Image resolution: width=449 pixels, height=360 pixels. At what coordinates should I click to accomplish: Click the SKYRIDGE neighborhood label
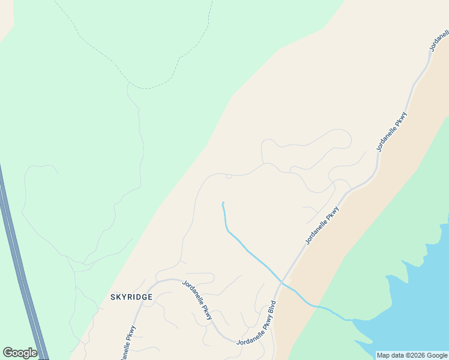tap(131, 297)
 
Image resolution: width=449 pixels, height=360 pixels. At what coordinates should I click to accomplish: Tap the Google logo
tap(20, 353)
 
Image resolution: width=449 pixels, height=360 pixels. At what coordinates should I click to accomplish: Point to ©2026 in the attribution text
tap(412, 355)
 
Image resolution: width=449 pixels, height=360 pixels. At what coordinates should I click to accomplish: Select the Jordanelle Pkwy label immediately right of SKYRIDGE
tap(197, 300)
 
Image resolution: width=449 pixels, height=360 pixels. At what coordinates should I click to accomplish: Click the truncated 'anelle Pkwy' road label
tap(129, 343)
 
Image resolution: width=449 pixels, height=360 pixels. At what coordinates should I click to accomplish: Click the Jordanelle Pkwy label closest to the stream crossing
tap(322, 226)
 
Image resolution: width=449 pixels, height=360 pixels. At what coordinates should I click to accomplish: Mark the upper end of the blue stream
tap(223, 203)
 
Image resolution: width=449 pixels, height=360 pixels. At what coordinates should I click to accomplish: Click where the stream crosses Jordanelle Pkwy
tap(281, 282)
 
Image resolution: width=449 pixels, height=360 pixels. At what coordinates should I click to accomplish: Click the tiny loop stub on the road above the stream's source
tap(229, 176)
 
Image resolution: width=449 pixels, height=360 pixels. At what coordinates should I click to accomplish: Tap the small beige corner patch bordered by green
tap(5, 18)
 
